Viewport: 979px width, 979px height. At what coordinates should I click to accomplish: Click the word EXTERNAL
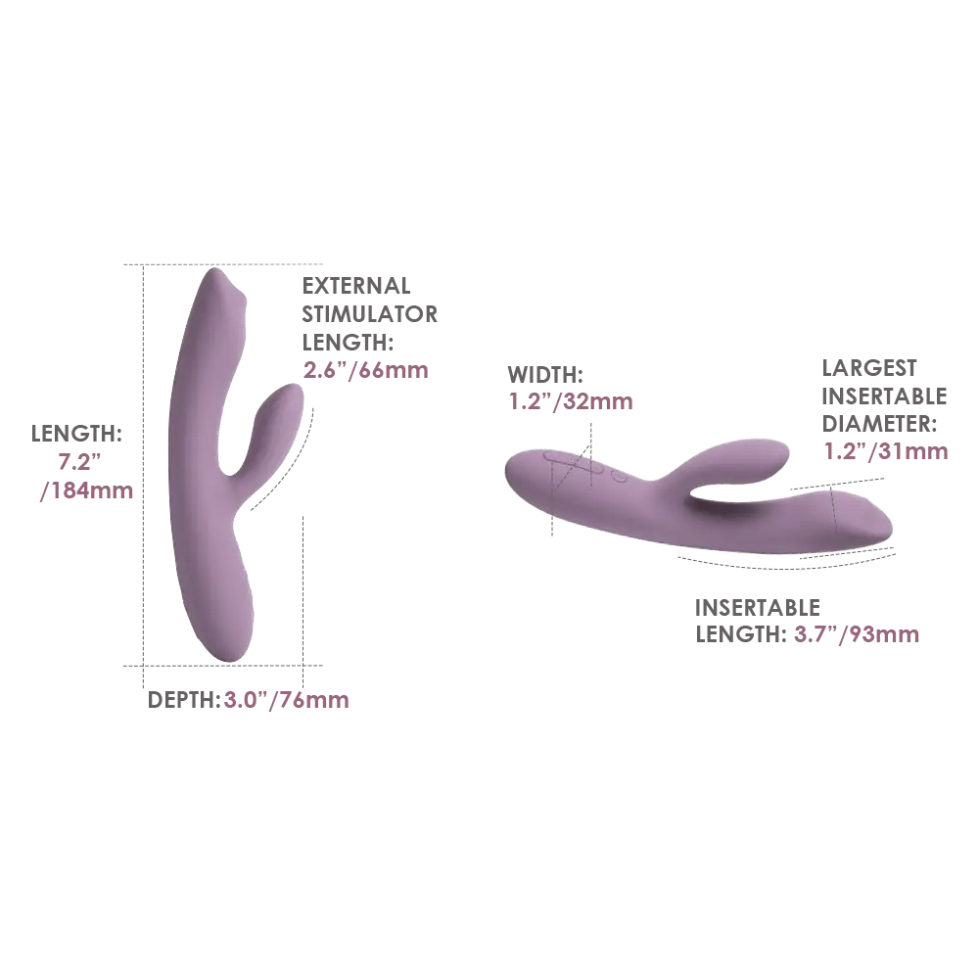pyautogui.click(x=356, y=286)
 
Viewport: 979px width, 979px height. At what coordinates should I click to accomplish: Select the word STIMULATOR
pyautogui.click(x=370, y=314)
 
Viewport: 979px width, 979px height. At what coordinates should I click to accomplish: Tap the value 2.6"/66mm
pyautogui.click(x=366, y=370)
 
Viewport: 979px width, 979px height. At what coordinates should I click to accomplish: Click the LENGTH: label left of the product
pyautogui.click(x=76, y=434)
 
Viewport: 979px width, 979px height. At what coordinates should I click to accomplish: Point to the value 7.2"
pyautogui.click(x=79, y=462)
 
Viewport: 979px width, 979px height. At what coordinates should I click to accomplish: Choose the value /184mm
pyautogui.click(x=87, y=490)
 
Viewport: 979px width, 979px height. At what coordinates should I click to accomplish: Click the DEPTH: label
pyautogui.click(x=184, y=700)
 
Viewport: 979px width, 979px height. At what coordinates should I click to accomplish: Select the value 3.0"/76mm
pyautogui.click(x=287, y=700)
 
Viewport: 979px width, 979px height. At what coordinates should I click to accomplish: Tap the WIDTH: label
pyautogui.click(x=545, y=375)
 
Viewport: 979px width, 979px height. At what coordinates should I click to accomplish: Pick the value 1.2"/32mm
pyautogui.click(x=571, y=401)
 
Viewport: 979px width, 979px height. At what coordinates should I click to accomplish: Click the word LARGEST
pyautogui.click(x=869, y=368)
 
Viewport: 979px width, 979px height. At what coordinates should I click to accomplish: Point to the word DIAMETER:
pyautogui.click(x=879, y=424)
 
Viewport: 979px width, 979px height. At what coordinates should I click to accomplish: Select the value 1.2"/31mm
pyautogui.click(x=886, y=451)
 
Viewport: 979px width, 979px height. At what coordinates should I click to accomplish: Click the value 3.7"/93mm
pyautogui.click(x=857, y=634)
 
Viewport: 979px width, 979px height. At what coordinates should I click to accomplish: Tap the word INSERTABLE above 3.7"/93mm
pyautogui.click(x=758, y=608)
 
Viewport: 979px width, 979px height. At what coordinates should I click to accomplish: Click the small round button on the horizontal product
pyautogui.click(x=619, y=478)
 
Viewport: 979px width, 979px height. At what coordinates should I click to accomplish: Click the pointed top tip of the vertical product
pyautogui.click(x=215, y=270)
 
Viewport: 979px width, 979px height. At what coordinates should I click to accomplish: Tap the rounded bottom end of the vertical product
pyautogui.click(x=230, y=656)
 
